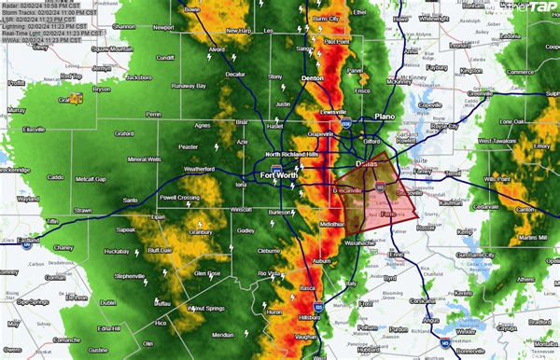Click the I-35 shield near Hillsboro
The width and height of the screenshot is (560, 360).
[x=319, y=304]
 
